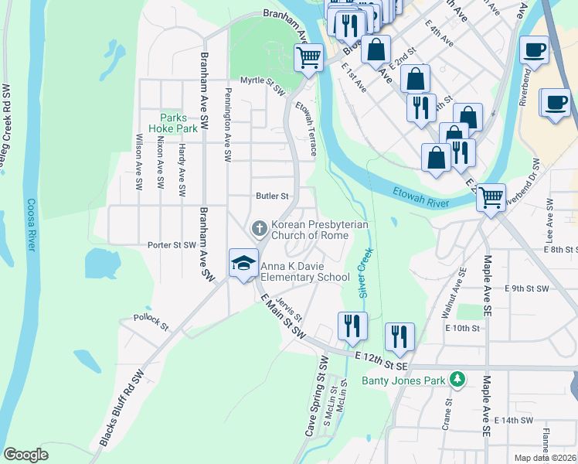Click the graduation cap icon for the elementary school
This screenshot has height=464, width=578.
pos(243,263)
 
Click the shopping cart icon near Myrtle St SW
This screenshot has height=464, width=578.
pos(308,56)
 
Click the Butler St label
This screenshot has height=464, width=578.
pos(272,196)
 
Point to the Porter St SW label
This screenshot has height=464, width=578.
pos(172,245)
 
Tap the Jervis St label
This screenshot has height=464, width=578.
pos(288,310)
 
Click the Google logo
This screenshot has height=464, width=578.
pos(25,455)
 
